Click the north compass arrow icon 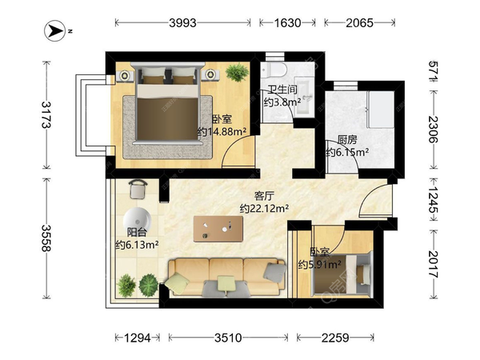[54, 30]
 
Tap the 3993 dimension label [182, 22]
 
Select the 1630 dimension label [287, 22]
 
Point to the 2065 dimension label [360, 22]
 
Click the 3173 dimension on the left [47, 114]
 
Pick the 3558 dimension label [47, 238]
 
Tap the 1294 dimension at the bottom [138, 338]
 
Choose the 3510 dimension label [228, 338]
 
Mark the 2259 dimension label [335, 338]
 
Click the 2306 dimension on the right [433, 130]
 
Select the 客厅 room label [264, 196]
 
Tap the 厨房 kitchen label [347, 140]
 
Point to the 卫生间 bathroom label [282, 90]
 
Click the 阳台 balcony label [137, 232]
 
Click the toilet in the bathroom [274, 70]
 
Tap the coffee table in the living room [218, 229]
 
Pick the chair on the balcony [138, 190]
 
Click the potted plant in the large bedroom [237, 72]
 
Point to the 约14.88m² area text [222, 132]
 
